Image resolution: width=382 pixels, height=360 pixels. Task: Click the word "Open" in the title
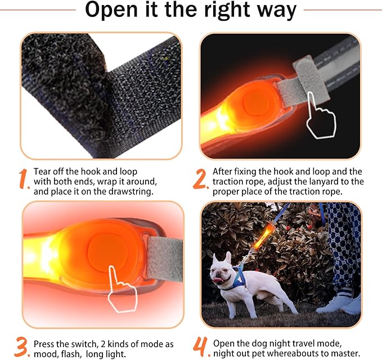(111, 10)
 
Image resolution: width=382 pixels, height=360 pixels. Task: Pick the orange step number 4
(201, 347)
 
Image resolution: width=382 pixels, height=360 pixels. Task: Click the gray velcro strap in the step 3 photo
(165, 259)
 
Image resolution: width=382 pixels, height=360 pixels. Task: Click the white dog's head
(222, 269)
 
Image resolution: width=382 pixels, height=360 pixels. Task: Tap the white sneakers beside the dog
(340, 303)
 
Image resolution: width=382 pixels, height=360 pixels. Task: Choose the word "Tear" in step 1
(41, 172)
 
